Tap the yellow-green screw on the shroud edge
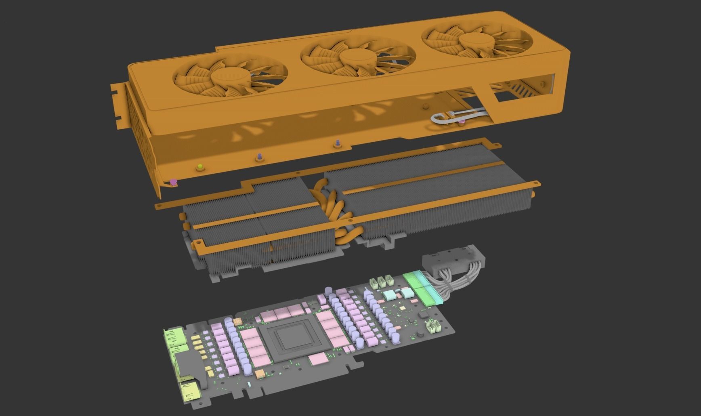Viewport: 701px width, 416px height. point(199,167)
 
